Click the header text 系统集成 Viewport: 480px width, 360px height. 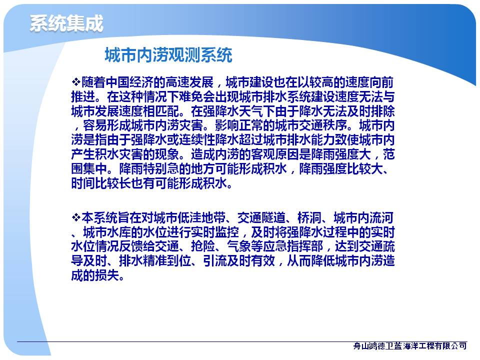click(66, 23)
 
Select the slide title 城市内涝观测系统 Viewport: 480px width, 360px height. click(168, 55)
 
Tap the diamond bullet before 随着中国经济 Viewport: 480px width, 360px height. click(76, 81)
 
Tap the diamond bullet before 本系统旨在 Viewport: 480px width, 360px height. click(76, 217)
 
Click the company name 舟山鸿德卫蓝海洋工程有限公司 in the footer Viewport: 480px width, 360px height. click(410, 346)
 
